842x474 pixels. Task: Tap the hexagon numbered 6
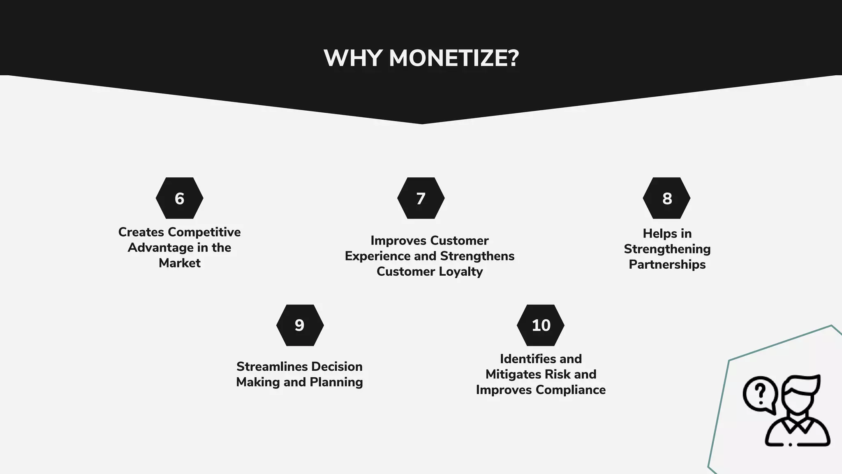coord(179,198)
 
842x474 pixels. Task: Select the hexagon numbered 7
coord(421,198)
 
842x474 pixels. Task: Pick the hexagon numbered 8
coord(666,198)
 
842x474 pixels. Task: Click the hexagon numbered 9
coord(300,325)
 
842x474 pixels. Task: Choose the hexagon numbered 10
coord(540,325)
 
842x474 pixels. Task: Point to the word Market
coord(180,263)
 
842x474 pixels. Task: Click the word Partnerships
coord(667,265)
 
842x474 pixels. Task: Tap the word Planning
coord(336,382)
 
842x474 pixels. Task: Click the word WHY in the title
coord(353,58)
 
